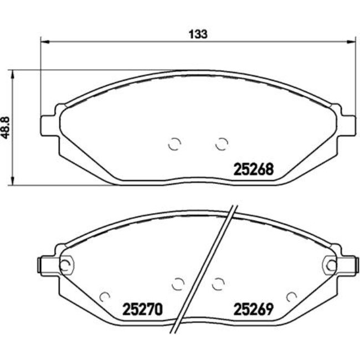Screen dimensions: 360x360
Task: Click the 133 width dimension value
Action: click(x=198, y=34)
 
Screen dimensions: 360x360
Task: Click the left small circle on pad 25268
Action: click(x=174, y=144)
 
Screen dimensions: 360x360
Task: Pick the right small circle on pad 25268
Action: click(x=222, y=144)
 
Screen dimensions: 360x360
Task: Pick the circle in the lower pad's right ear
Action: click(x=331, y=265)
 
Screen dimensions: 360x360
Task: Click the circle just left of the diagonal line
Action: click(x=177, y=284)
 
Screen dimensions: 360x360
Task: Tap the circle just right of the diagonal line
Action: click(x=218, y=284)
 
